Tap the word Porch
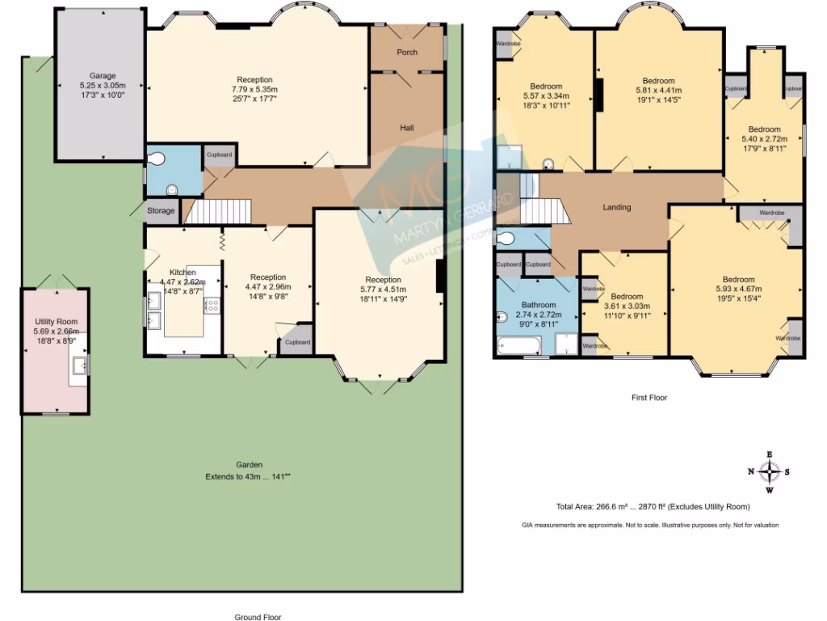407,53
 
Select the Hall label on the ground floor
407,128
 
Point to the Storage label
161,211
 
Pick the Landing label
617,208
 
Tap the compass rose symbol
769,471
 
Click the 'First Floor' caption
649,398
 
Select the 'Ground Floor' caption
258,617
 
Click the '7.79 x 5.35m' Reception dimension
254,90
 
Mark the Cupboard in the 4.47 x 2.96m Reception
297,342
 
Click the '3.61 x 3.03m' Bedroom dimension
627,306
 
